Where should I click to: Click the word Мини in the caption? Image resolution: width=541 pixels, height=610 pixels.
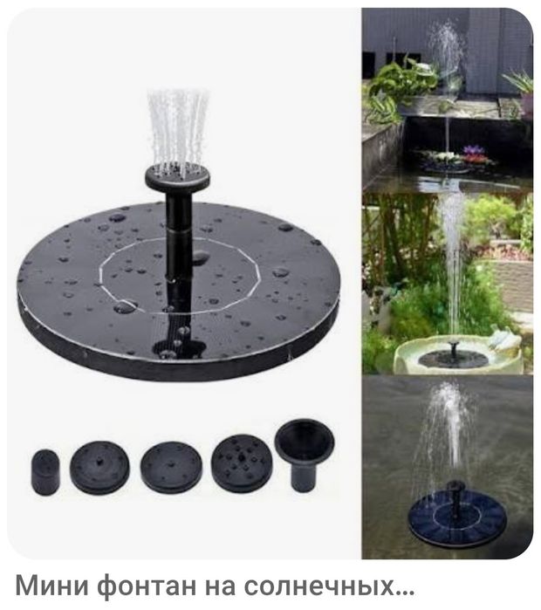point(52,586)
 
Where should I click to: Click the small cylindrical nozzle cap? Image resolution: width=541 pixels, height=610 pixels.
point(45,472)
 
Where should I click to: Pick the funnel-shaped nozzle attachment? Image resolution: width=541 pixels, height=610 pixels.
point(305,454)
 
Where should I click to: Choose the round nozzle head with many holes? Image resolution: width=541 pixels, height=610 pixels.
point(242,463)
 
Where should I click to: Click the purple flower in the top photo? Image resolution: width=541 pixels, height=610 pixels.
point(474,149)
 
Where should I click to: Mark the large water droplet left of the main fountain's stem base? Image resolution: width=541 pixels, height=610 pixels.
point(126,306)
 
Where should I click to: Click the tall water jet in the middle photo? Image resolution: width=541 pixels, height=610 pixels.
point(452,264)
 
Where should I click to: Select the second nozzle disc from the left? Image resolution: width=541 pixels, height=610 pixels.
point(99,467)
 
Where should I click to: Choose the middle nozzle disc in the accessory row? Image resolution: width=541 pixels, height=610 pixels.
point(171,467)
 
